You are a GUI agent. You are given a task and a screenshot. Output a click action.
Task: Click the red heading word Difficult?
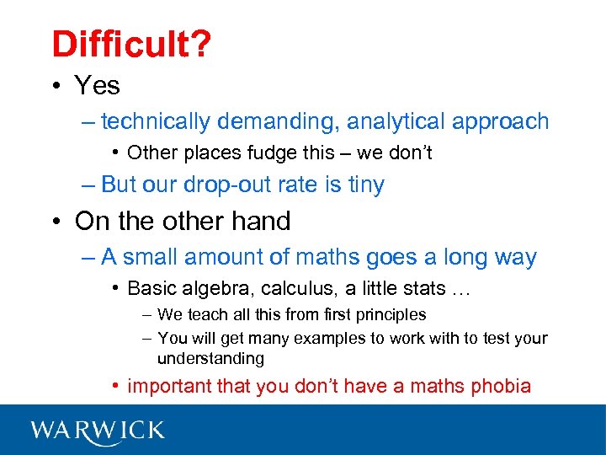click(130, 44)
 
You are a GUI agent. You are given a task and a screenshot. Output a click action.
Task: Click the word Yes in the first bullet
click(98, 85)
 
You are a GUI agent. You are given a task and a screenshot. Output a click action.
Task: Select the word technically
click(156, 122)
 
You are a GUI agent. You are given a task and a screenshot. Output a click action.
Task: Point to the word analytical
click(398, 122)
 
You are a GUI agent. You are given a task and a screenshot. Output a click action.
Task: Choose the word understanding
click(210, 359)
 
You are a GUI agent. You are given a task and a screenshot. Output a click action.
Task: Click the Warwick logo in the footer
click(98, 430)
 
